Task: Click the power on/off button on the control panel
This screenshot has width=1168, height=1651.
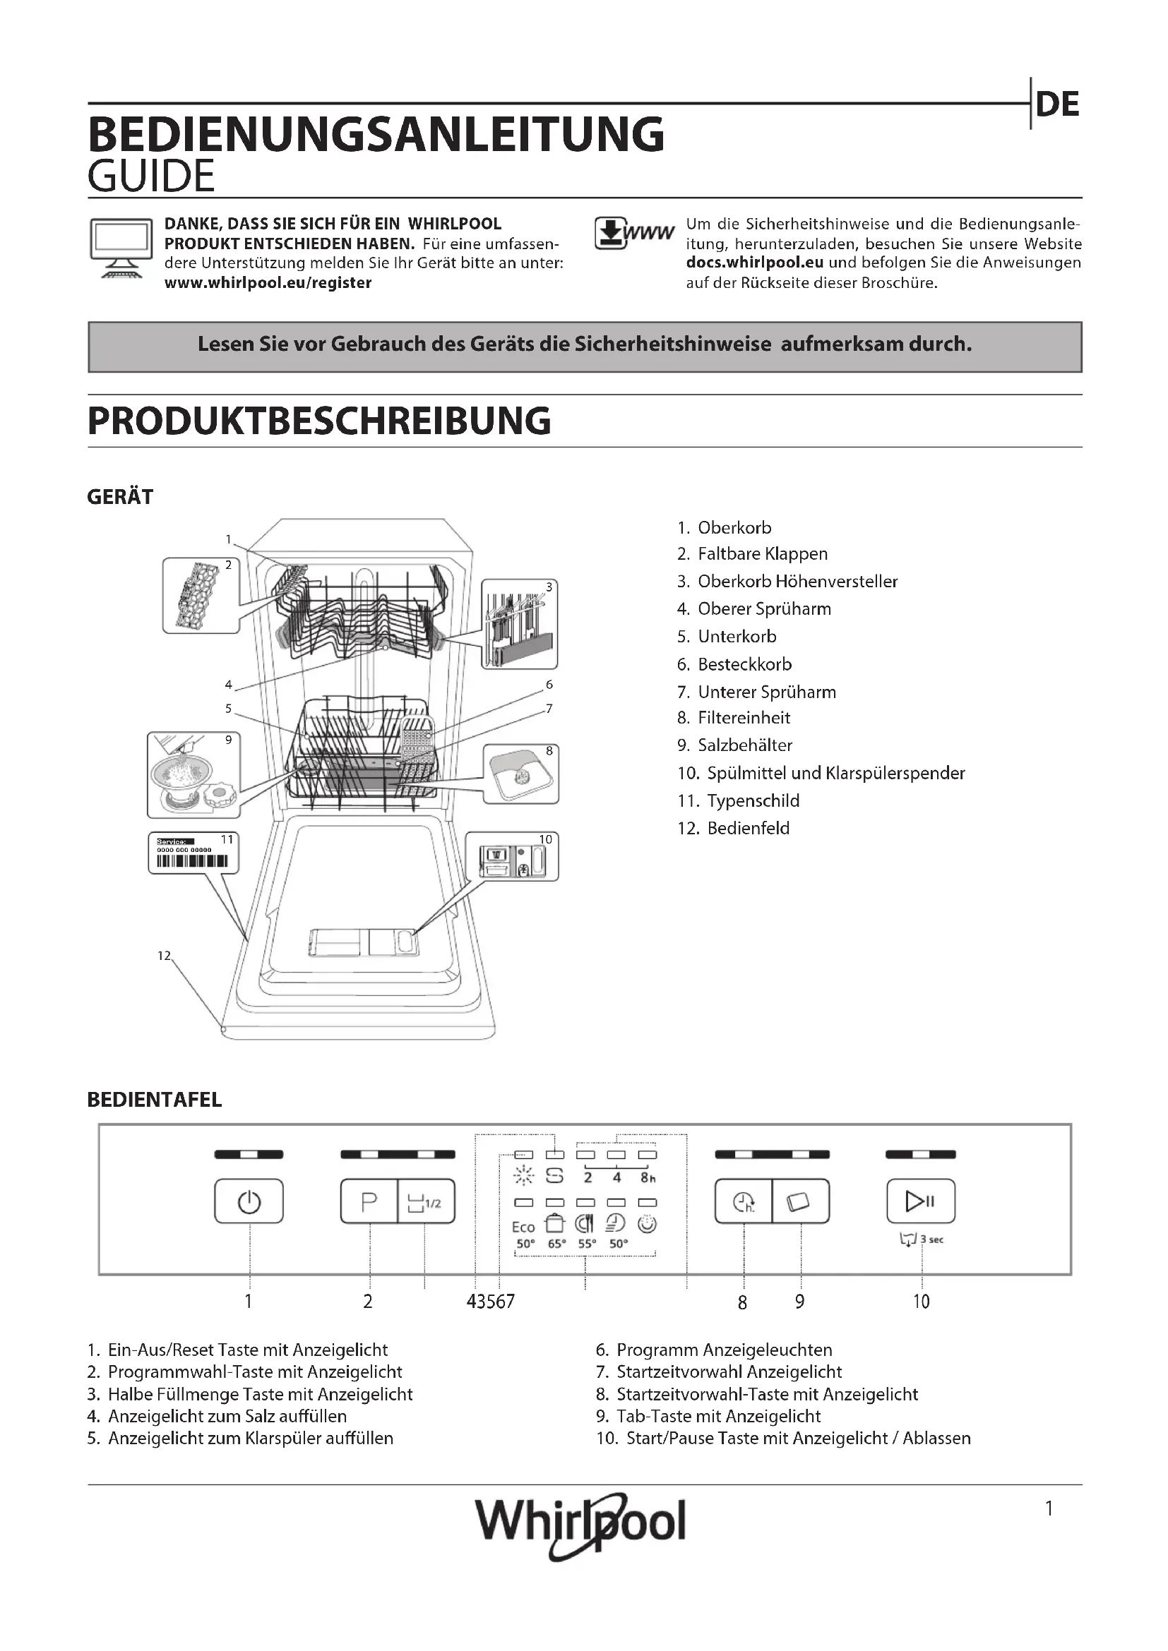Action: pyautogui.click(x=249, y=1201)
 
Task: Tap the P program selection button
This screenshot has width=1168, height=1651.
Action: pyautogui.click(x=369, y=1201)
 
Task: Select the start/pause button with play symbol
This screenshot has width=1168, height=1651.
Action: pyautogui.click(x=921, y=1201)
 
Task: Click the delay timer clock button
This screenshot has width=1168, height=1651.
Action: pyautogui.click(x=744, y=1201)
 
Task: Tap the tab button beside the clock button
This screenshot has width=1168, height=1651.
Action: pyautogui.click(x=800, y=1201)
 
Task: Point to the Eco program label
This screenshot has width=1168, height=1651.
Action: pyautogui.click(x=523, y=1227)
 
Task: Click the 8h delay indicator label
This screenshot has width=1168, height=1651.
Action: pyautogui.click(x=648, y=1178)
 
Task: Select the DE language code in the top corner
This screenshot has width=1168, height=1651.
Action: pyautogui.click(x=1057, y=105)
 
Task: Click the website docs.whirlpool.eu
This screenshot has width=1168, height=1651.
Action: pyautogui.click(x=754, y=263)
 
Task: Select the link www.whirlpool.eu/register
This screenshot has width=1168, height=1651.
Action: pyautogui.click(x=268, y=283)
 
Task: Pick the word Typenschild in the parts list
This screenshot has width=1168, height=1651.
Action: pyautogui.click(x=753, y=801)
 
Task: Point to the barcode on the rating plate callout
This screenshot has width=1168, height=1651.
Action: pyautogui.click(x=193, y=861)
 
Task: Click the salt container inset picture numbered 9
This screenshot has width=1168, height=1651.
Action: pyautogui.click(x=194, y=774)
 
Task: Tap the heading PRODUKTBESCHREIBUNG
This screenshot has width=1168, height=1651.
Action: pyautogui.click(x=319, y=421)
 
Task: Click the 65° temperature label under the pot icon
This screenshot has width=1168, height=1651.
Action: pyautogui.click(x=556, y=1243)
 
